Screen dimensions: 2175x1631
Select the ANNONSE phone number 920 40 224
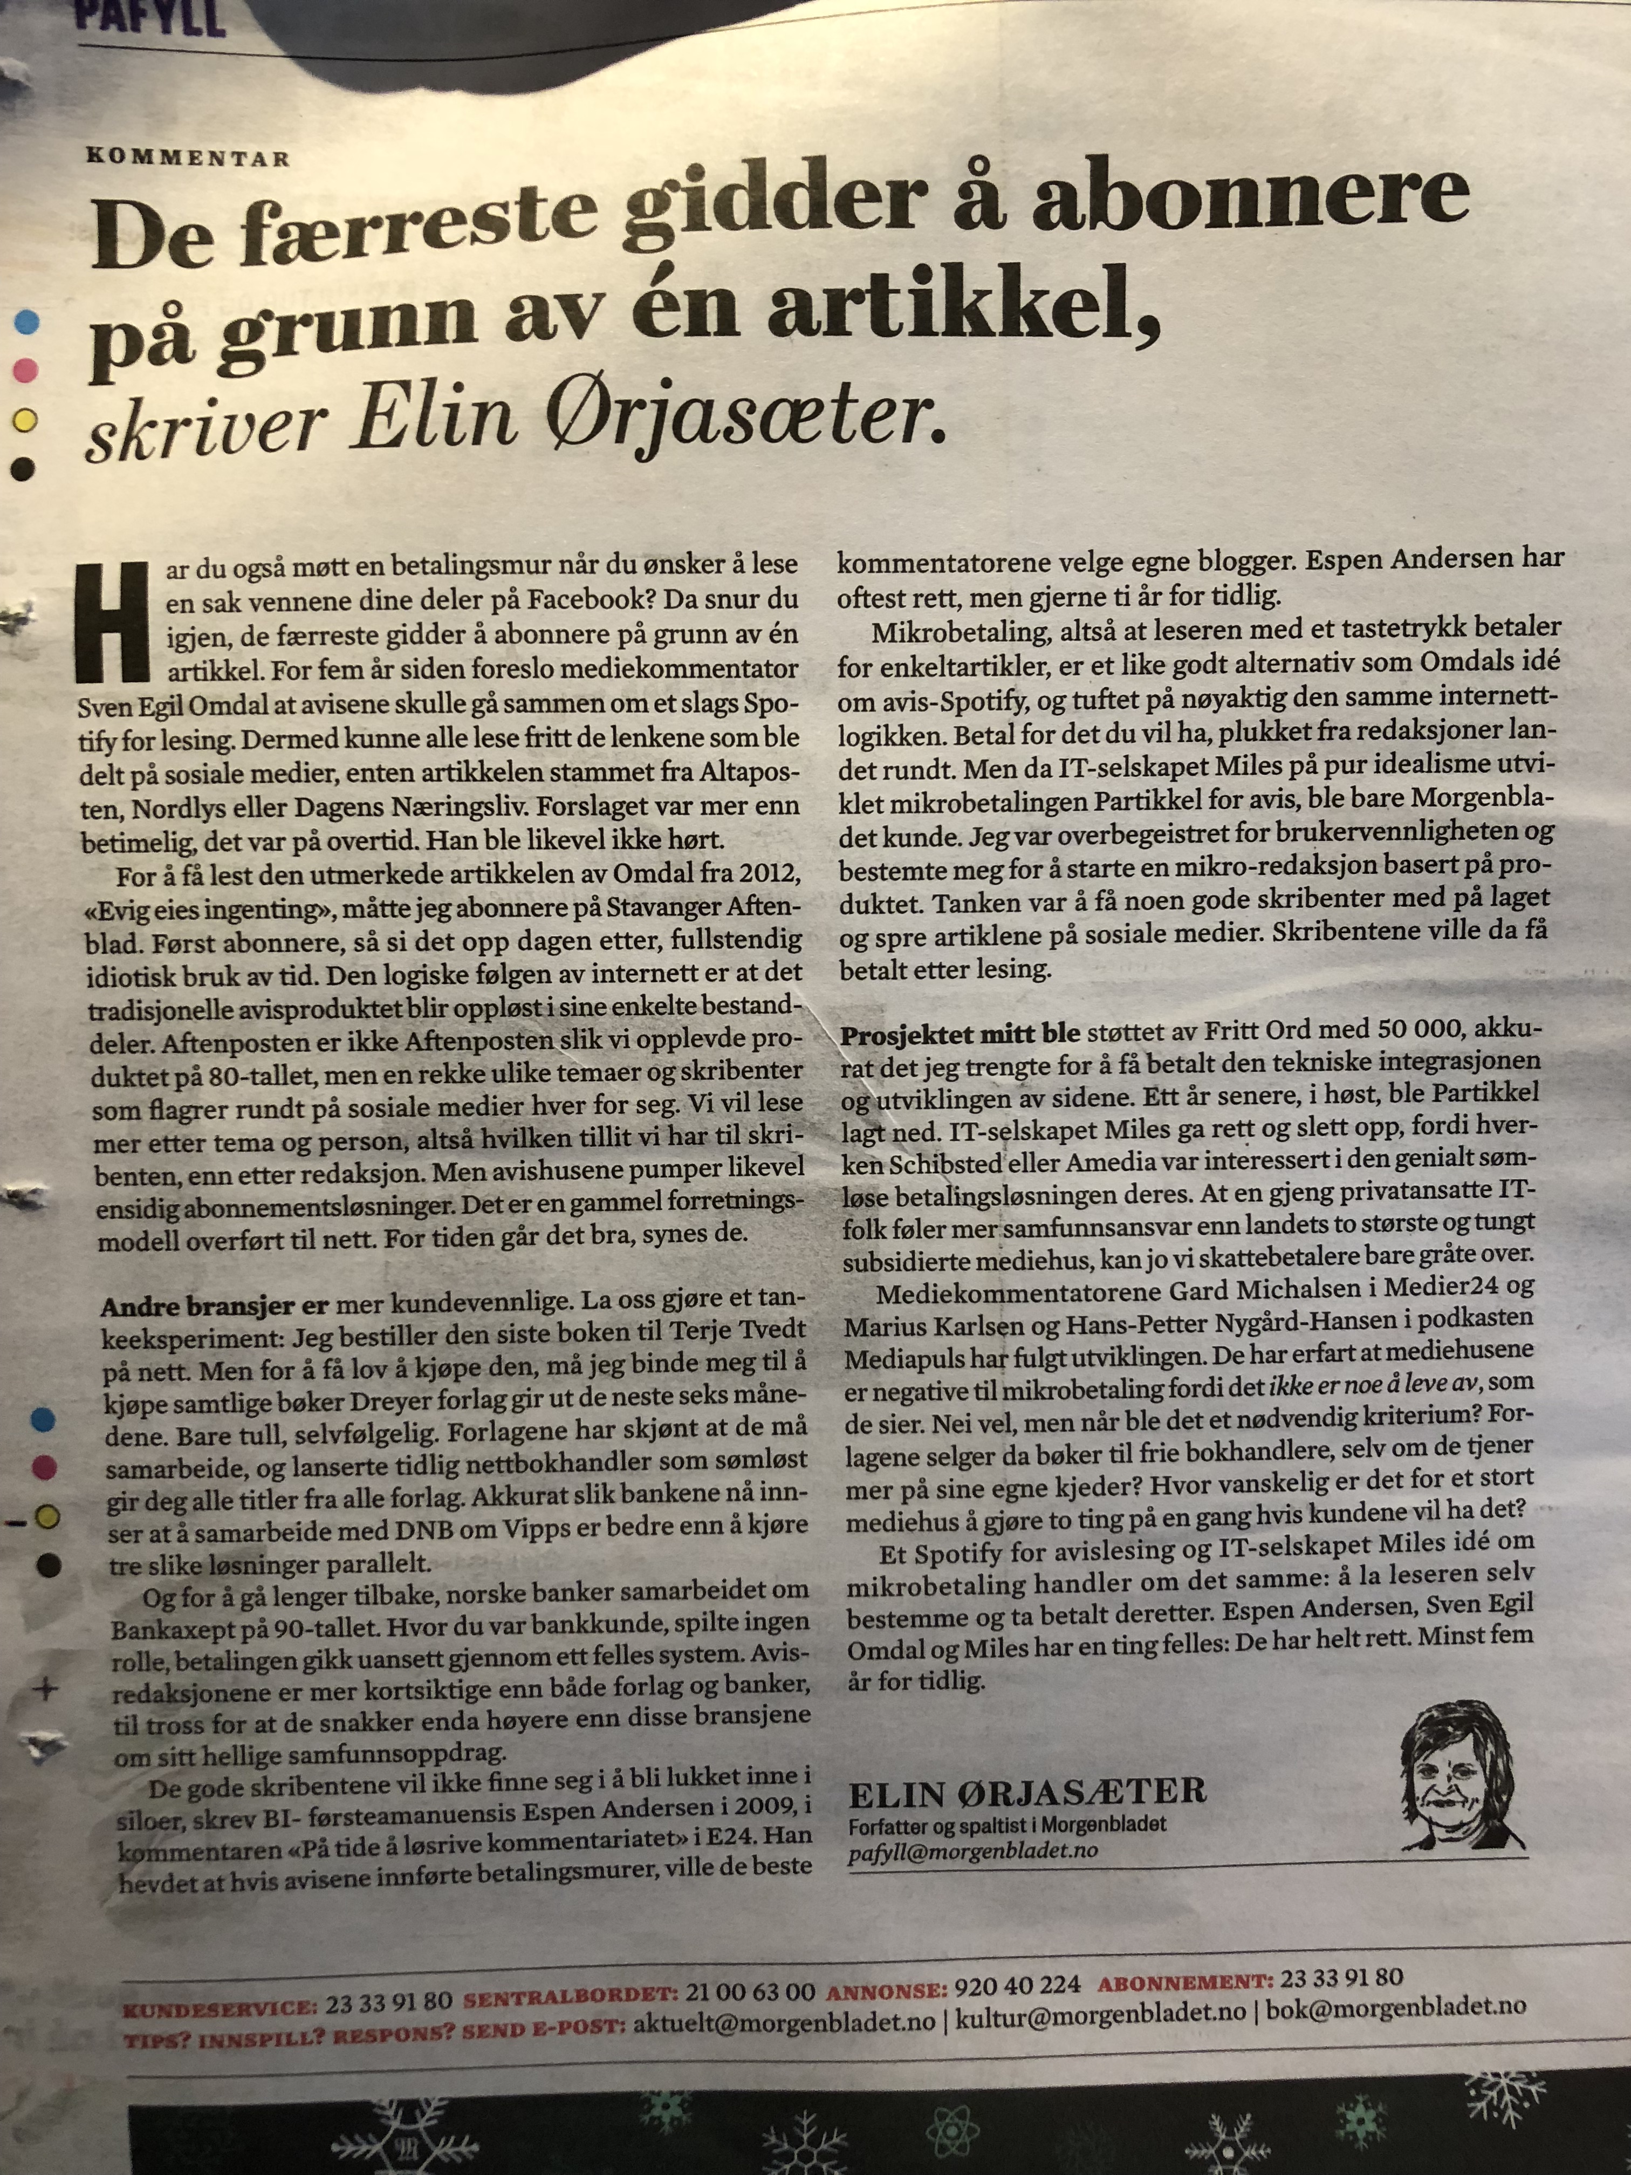[x=1018, y=1982]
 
